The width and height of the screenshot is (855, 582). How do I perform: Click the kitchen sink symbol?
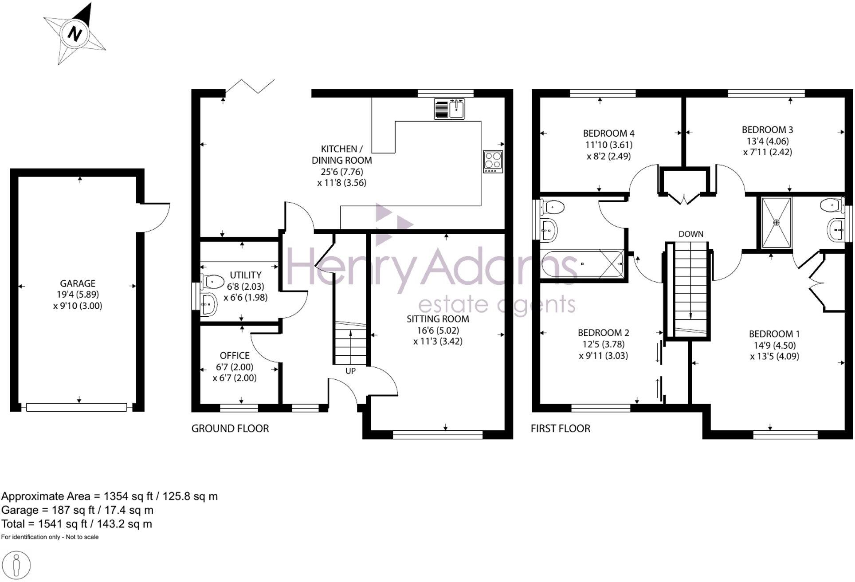pos(450,109)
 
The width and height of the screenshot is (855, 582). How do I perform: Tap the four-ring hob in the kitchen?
pos(493,162)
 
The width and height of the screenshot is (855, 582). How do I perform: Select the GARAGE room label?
pos(78,283)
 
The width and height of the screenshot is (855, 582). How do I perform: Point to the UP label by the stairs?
pos(350,371)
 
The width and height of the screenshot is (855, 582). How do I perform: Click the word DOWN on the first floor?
pos(690,234)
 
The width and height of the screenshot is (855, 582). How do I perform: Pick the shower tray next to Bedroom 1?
pos(776,223)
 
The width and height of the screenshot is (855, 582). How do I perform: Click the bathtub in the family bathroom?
pos(582,264)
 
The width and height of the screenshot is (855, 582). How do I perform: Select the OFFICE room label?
pos(235,356)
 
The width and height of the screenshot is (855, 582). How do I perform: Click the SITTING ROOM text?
pos(438,319)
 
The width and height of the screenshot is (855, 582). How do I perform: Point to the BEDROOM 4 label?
pos(608,133)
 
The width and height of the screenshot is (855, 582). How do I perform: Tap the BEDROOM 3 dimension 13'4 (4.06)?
pos(767,141)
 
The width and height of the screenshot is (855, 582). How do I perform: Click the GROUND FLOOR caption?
pos(230,429)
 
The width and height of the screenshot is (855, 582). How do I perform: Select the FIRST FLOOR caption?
pos(561,429)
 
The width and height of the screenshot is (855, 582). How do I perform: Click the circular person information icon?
pos(16,566)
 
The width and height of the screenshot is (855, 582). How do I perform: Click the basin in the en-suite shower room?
pos(835,230)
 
